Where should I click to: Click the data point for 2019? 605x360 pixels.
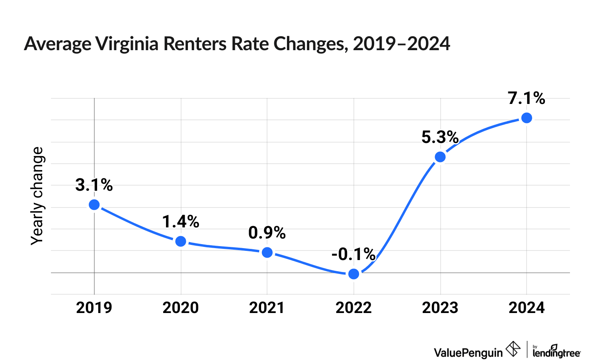click(94, 205)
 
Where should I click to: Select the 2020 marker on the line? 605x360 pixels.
click(181, 241)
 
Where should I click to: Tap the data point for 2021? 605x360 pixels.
click(267, 252)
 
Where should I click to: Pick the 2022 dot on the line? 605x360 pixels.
click(353, 274)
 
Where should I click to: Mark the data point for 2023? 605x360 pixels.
click(440, 157)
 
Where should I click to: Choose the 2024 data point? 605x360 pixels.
click(527, 118)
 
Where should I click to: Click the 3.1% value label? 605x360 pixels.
click(94, 185)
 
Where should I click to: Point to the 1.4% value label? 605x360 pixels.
click(181, 222)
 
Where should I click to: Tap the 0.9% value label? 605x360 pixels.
click(267, 233)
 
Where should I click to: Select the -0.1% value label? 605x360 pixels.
click(353, 254)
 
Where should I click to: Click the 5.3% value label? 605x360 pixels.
click(440, 137)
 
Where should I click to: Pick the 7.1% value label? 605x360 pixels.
click(527, 98)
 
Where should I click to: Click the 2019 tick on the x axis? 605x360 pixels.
click(94, 308)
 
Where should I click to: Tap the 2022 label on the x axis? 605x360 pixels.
click(353, 308)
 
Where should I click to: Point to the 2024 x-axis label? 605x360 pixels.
click(527, 308)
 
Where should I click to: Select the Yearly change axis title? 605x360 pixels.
click(37, 196)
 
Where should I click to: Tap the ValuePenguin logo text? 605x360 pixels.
click(468, 352)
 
